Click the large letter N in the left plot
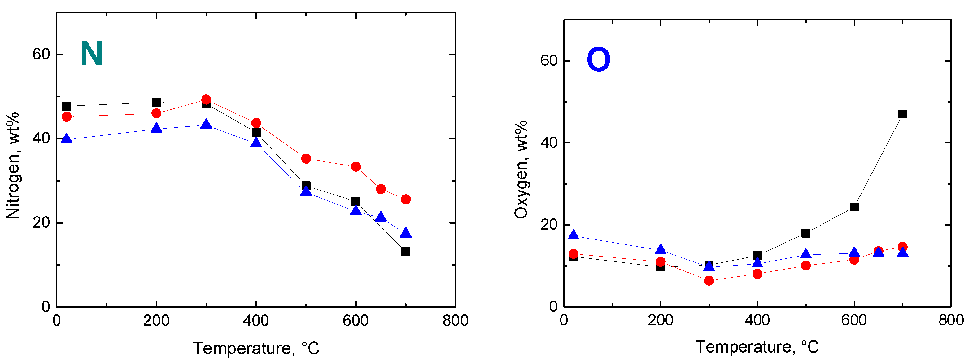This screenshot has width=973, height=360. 91,54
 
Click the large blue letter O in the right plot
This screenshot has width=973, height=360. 598,60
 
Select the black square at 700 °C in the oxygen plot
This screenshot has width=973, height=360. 902,114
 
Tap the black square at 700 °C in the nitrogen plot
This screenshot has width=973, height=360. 406,252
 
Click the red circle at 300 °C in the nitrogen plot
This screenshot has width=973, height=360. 206,100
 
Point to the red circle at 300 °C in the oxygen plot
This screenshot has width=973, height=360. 709,281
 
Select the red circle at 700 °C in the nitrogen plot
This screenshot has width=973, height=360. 406,199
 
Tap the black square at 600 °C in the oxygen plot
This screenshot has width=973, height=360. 854,207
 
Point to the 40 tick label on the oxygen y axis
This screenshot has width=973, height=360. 549,143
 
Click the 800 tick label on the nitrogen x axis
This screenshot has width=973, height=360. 456,321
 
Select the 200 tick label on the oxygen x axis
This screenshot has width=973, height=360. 660,320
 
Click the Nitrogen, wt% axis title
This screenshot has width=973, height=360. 13,165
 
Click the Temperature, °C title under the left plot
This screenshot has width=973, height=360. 256,348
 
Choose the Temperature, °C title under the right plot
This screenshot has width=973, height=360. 757,347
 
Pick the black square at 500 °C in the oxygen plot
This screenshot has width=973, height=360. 806,233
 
